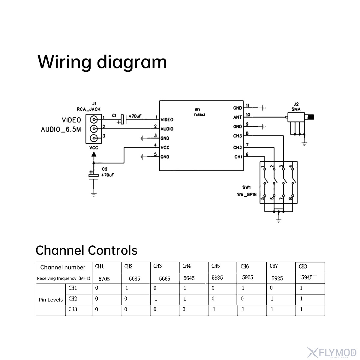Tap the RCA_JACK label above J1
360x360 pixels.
88,109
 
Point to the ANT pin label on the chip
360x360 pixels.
238,117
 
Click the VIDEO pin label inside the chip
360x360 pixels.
167,120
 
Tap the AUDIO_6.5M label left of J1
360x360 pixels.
61,130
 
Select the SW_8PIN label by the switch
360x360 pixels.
247,194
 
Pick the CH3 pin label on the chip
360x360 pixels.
238,136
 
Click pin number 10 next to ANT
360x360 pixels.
248,115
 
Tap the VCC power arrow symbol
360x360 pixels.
94,154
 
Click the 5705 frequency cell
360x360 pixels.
104,279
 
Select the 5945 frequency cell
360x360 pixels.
307,277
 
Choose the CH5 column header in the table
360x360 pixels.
215,266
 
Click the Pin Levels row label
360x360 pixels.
51,300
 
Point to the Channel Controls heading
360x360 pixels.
86,250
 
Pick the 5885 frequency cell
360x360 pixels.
217,278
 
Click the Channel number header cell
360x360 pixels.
63,267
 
